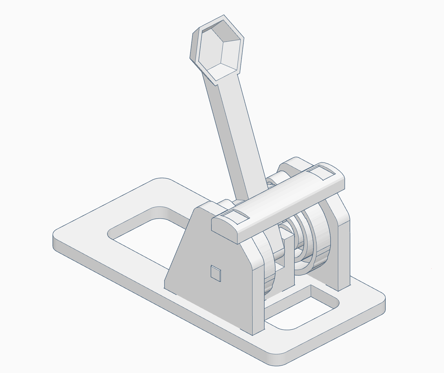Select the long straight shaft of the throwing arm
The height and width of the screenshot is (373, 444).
coord(235,133)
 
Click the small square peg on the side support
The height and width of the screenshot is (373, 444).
coord(216,273)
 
